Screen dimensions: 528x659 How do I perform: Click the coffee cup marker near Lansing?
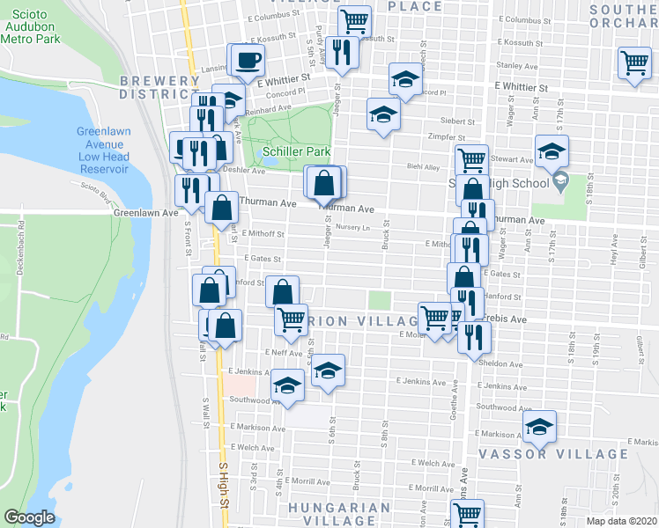[x=246, y=61]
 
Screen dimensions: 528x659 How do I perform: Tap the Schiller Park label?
[x=297, y=151]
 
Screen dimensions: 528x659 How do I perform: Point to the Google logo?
[x=28, y=517]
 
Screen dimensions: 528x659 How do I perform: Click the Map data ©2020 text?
[x=620, y=521]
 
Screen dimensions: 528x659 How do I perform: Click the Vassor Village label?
[x=553, y=454]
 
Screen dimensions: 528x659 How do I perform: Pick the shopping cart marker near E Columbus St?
[x=353, y=20]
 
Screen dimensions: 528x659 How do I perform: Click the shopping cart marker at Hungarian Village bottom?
[x=467, y=513]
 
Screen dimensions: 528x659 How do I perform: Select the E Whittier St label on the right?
[x=521, y=88]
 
